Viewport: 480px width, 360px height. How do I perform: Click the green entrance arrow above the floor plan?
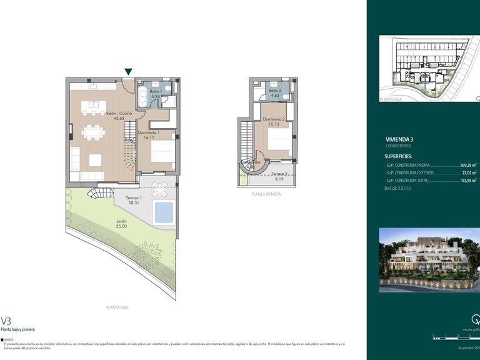point(128,72)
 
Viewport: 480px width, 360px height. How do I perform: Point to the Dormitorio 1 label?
point(149,133)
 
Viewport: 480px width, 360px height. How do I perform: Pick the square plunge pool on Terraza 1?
point(163,212)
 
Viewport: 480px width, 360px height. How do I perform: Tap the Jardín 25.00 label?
point(121,223)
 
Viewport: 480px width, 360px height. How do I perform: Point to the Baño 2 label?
point(274,91)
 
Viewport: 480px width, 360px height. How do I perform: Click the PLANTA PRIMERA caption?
point(266,194)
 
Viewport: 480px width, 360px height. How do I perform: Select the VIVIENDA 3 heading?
point(399,139)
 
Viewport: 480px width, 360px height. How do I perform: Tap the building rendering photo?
point(429,259)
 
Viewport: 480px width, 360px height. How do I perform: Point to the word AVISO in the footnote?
point(9,340)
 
